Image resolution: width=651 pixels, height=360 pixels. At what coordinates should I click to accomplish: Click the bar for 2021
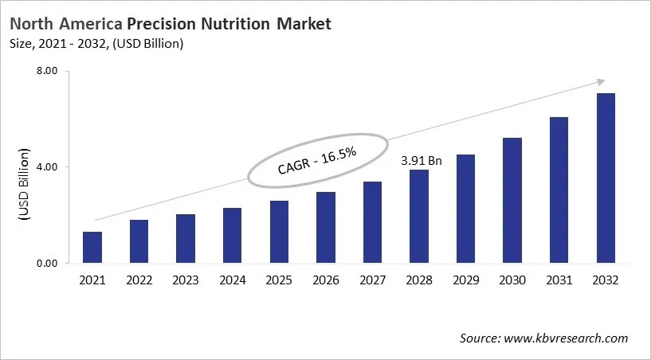pyautogui.click(x=92, y=248)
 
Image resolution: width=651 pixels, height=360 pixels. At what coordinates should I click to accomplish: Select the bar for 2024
pyautogui.click(x=233, y=236)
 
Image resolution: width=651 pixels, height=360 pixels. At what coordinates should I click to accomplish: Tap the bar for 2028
pyautogui.click(x=419, y=217)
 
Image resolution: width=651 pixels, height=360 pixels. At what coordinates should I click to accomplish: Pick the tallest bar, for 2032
pyautogui.click(x=606, y=178)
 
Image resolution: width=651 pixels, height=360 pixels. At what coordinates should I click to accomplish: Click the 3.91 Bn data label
pyautogui.click(x=420, y=160)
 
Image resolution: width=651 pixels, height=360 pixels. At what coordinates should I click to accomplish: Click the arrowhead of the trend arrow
pyautogui.click(x=600, y=81)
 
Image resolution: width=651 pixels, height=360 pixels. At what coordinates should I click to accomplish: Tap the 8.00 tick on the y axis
pyautogui.click(x=49, y=71)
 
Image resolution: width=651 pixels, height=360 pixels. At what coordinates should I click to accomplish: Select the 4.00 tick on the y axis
pyautogui.click(x=49, y=167)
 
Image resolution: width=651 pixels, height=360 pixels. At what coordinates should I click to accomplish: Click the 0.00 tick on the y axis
pyautogui.click(x=49, y=264)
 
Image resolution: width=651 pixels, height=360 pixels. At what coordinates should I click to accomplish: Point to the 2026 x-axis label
pyautogui.click(x=326, y=280)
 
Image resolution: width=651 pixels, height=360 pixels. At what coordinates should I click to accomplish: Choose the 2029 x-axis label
pyautogui.click(x=466, y=280)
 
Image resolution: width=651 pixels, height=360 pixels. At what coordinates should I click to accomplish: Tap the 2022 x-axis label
pyautogui.click(x=139, y=280)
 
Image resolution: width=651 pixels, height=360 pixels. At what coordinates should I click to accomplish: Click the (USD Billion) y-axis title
pyautogui.click(x=23, y=185)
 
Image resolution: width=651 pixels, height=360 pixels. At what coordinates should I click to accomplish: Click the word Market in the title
pyautogui.click(x=304, y=24)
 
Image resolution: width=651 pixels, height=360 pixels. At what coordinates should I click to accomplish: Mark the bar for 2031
pyautogui.click(x=559, y=190)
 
